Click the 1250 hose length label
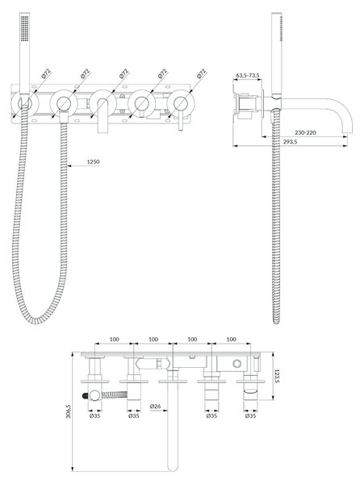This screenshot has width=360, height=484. point(93,162)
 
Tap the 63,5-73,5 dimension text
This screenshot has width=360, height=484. point(248,75)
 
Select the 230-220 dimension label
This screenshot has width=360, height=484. point(305,132)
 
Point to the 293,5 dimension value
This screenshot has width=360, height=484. point(290,142)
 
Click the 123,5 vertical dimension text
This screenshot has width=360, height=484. point(277,376)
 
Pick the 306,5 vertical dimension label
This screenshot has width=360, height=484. point(69,411)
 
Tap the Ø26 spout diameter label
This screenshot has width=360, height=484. point(155,407)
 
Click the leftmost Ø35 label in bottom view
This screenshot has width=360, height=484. point(94,415)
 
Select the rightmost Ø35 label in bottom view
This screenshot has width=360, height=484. point(250,415)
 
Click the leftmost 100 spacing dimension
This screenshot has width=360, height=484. point(115,340)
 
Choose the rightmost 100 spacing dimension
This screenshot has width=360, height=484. point(231,340)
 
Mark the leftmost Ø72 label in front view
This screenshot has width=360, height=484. point(46,73)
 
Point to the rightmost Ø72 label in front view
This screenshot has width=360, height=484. point(201,73)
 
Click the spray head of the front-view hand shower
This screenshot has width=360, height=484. point(25,27)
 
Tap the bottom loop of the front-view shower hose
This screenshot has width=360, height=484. point(36,319)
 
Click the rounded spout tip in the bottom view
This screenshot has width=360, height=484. point(173,466)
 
